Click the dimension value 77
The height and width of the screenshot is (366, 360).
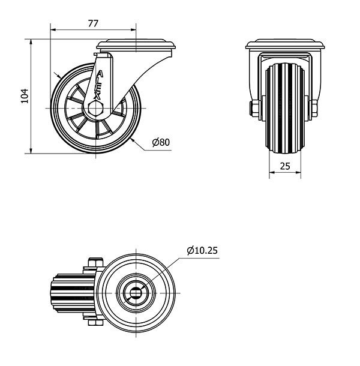pos(93,23)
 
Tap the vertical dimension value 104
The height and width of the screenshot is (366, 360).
pos(25,96)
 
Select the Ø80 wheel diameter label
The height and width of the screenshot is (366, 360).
pos(161,142)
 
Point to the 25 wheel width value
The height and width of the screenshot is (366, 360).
pos(285,166)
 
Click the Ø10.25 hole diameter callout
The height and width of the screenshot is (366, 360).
pos(202,250)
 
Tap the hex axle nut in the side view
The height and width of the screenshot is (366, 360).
pos(95,109)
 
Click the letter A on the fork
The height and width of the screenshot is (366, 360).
pos(100,74)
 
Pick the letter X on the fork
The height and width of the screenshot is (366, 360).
pos(97,95)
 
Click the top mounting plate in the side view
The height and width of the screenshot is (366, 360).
pos(136,45)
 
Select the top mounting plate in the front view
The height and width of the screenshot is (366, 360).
pos(285,44)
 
